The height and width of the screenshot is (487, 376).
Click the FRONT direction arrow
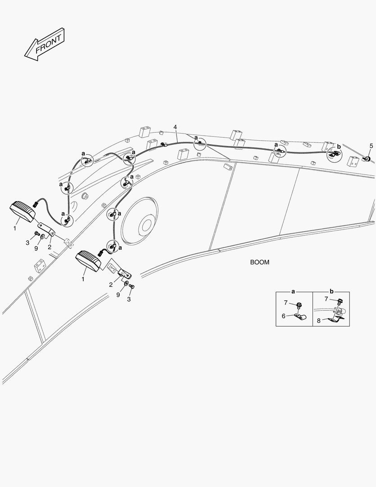point(45,44)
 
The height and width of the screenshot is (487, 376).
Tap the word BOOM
point(260,262)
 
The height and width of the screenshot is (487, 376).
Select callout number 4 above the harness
point(175,127)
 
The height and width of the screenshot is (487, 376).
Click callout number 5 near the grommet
point(371,146)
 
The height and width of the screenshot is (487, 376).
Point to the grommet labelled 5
point(367,159)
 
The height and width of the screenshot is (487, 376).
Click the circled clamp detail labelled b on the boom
point(334,154)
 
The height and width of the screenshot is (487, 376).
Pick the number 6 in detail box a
point(284,316)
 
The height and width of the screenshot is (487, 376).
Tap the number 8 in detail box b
point(319,321)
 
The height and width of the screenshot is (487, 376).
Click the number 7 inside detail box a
point(286,303)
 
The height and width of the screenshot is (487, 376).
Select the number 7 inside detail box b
point(326,299)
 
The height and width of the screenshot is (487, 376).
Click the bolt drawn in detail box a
point(299,308)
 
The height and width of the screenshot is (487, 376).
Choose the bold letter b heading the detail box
point(331,291)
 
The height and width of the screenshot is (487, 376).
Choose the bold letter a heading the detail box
point(293,292)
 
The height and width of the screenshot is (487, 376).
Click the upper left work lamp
point(23,211)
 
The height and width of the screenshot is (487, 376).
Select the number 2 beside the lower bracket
point(111,285)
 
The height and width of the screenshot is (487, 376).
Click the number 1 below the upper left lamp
point(14,228)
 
